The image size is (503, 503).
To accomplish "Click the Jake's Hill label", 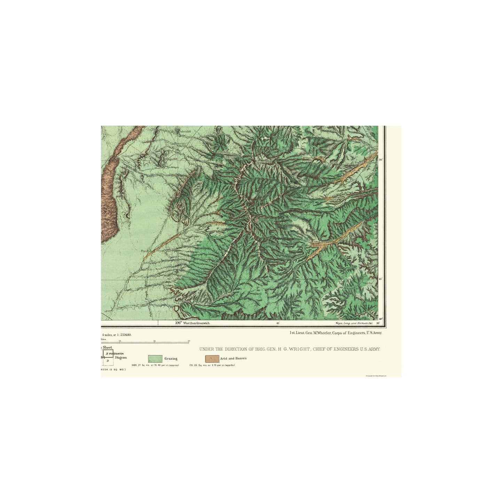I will [185, 132].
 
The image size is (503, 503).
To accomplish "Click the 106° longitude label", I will [179, 323].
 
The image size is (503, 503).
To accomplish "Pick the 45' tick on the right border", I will [380, 279].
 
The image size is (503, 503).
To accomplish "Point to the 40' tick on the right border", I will [381, 319].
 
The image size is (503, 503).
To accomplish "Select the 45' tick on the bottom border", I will [278, 323].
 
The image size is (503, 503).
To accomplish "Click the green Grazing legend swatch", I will [155, 359].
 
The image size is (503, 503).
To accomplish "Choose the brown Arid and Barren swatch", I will [212, 358].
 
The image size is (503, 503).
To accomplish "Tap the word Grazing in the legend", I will [171, 359].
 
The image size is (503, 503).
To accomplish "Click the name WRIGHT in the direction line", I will [299, 349].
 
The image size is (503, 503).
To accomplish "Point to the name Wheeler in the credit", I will [323, 333].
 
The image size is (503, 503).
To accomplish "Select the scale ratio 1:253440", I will [124, 335].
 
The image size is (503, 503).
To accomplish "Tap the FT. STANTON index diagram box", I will [108, 354].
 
